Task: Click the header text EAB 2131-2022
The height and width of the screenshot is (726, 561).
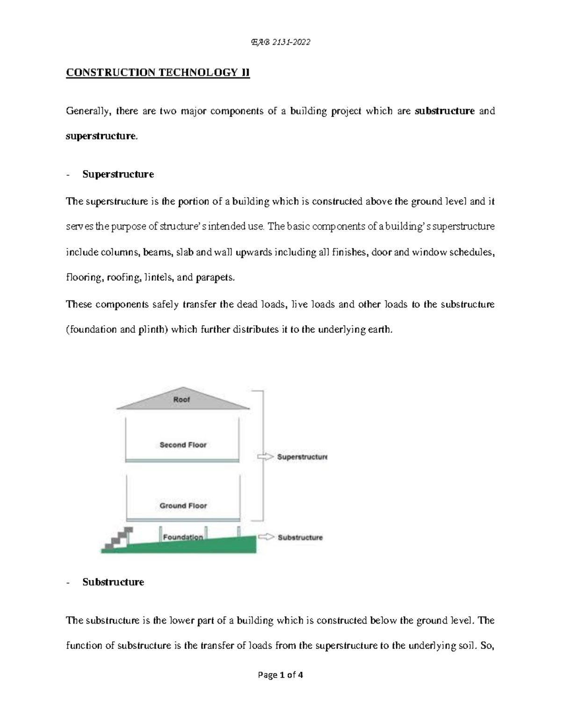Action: tap(280, 43)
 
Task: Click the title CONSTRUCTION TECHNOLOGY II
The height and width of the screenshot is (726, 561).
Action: tap(158, 72)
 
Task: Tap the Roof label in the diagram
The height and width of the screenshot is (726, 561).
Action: tap(181, 400)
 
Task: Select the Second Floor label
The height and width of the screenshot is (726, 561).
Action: tap(183, 445)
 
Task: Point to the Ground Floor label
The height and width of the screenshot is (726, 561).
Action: tap(183, 506)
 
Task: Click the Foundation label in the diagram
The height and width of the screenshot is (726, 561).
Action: tap(183, 537)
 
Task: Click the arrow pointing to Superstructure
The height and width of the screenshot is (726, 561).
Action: tap(265, 457)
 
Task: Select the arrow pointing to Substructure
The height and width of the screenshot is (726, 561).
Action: tap(266, 537)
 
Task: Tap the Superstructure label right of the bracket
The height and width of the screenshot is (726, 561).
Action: tap(302, 457)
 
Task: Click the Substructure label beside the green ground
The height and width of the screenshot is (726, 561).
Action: tap(300, 538)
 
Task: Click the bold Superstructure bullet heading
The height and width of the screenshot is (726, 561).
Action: tap(118, 174)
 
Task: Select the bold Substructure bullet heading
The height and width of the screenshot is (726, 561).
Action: tap(113, 582)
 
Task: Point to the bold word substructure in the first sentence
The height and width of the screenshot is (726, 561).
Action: tap(444, 111)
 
